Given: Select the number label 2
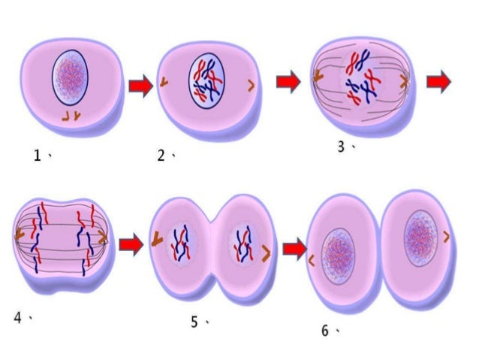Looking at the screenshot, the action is coord(161,156).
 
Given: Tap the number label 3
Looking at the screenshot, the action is coord(341,147).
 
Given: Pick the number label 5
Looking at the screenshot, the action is coord(194,322).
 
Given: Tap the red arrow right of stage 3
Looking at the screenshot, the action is coord(438,80).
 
